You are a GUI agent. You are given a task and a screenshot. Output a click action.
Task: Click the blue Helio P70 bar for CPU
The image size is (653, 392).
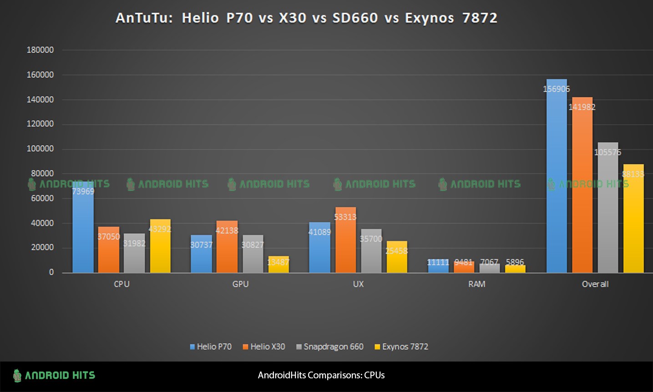point(83,232)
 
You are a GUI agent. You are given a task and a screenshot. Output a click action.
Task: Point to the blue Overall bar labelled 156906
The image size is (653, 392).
point(557,182)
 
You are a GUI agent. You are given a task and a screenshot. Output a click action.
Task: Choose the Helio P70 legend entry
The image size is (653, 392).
point(211,347)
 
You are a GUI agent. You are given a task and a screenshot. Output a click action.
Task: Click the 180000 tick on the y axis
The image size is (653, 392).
point(40,50)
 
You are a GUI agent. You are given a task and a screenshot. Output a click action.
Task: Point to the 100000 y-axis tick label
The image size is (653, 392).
point(40,149)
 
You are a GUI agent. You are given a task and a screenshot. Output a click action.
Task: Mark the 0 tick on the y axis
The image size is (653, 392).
point(51,272)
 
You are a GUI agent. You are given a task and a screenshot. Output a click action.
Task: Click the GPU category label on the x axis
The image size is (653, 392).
point(240,284)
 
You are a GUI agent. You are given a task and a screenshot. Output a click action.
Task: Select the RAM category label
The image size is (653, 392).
point(476,284)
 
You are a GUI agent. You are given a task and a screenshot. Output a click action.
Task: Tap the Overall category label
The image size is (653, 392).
point(595,284)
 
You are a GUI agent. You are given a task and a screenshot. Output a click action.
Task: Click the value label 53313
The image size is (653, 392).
point(345,217)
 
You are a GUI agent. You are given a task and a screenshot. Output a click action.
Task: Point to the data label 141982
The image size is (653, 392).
point(582,107)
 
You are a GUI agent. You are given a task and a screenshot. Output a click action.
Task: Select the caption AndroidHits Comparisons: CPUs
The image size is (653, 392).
point(321,376)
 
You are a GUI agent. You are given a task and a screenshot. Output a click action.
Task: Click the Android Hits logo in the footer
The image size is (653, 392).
point(54,376)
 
